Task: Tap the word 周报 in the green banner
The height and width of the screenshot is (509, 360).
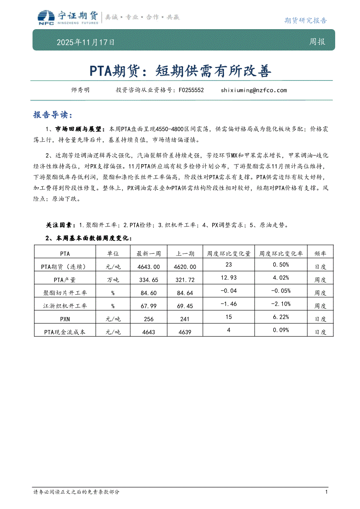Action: [x=317, y=42]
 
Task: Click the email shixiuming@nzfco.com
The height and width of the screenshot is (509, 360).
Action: [x=254, y=90]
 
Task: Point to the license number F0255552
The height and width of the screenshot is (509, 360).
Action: [x=191, y=90]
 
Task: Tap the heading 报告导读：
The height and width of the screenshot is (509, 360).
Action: [x=51, y=115]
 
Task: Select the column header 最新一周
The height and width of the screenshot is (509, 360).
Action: [x=149, y=253]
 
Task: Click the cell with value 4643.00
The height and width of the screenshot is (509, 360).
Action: [x=149, y=266]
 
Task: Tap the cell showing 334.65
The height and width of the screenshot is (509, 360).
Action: [x=149, y=280]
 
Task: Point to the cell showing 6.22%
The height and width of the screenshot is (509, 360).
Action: [x=281, y=317]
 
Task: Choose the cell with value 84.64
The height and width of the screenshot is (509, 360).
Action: [x=185, y=293]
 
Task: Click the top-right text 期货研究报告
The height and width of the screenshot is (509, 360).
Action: [x=305, y=20]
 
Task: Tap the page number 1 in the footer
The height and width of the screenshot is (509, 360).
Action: [x=326, y=492]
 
